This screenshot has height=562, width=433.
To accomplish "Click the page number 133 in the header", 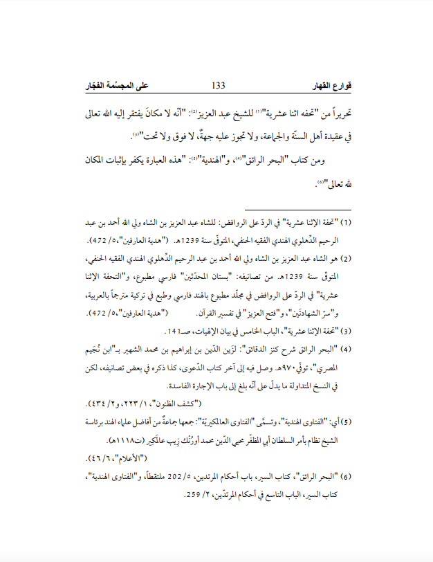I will click(x=218, y=85).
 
